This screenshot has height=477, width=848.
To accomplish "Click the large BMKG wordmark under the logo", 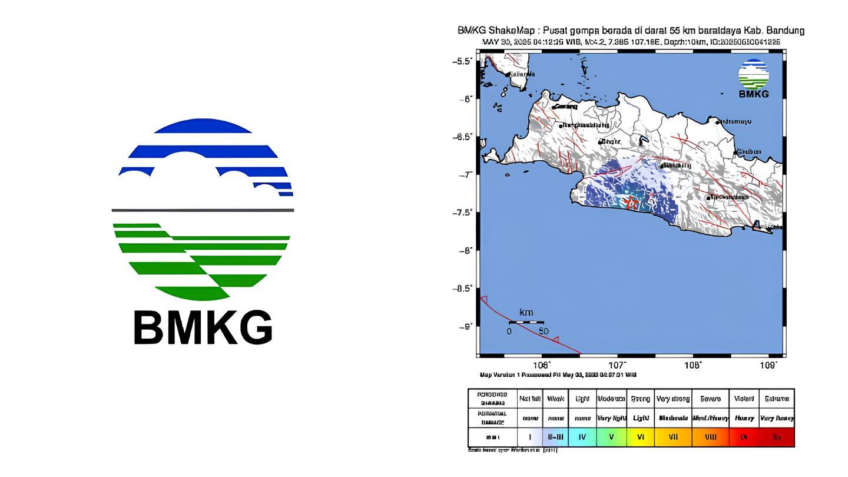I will [203, 328].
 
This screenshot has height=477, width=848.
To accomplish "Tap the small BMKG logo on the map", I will [754, 78].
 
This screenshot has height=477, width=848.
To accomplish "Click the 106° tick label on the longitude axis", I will [542, 365].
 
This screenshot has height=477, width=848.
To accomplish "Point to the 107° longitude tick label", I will [618, 365].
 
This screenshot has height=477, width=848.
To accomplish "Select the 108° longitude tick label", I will [693, 365].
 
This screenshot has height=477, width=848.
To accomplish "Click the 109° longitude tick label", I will [768, 365].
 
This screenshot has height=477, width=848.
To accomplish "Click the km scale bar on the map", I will [526, 322].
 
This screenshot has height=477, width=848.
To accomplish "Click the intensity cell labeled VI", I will [640, 437].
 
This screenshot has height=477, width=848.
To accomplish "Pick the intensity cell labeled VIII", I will [710, 437].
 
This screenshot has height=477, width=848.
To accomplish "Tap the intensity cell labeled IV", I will [582, 437].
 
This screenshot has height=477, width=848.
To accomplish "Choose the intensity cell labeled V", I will [611, 437].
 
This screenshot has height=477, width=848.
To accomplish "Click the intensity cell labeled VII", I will [674, 437].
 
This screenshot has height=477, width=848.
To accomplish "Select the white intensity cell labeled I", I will [530, 437].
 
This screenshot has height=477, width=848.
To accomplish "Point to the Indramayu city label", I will [735, 121].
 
